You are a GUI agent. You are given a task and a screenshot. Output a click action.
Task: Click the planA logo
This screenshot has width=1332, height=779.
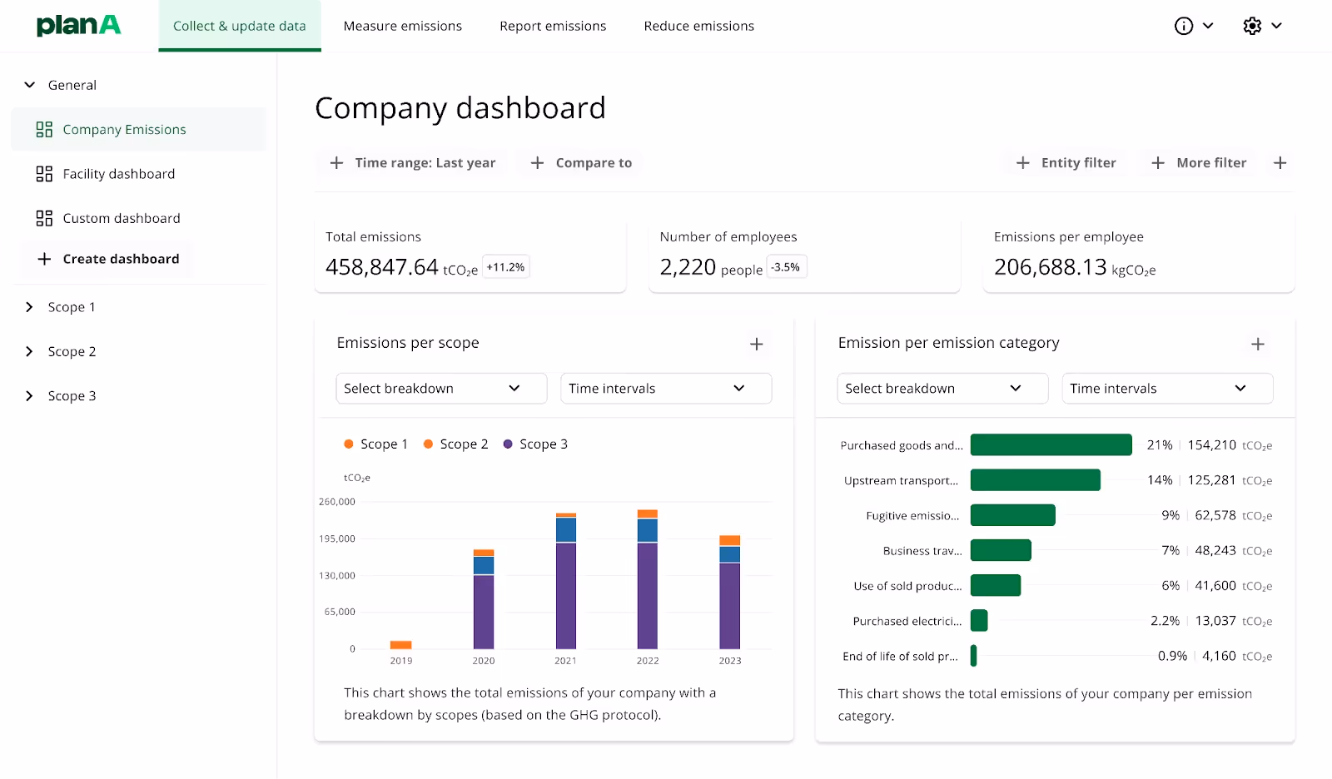click(x=78, y=25)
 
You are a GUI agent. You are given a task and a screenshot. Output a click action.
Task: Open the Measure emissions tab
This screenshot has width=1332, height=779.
click(x=402, y=26)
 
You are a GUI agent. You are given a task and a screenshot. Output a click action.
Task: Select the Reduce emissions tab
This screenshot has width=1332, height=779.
click(x=698, y=26)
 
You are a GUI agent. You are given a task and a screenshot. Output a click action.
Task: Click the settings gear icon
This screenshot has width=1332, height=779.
click(x=1252, y=26)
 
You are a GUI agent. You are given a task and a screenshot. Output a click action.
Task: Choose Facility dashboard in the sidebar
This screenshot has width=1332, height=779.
click(x=118, y=174)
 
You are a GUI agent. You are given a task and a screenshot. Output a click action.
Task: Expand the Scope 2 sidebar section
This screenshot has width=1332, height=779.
click(x=72, y=351)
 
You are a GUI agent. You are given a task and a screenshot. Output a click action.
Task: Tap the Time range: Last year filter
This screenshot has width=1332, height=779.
click(x=413, y=163)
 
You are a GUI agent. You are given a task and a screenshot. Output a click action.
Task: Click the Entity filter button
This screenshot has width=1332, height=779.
click(x=1066, y=163)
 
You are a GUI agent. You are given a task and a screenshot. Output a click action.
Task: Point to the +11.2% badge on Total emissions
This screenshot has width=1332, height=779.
click(x=505, y=267)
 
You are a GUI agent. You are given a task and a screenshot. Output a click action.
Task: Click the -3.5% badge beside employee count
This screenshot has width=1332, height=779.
click(x=785, y=267)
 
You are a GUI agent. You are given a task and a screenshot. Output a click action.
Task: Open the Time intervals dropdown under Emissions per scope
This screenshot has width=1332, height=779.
click(x=665, y=389)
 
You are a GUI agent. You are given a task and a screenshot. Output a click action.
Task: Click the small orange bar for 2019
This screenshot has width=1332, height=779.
click(x=401, y=645)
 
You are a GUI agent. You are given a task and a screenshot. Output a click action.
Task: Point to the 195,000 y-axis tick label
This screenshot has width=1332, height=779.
click(x=337, y=538)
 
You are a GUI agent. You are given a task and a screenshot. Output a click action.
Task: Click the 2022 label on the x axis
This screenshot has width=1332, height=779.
click(x=648, y=661)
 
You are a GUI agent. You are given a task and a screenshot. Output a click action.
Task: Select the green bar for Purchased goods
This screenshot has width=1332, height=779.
click(x=1051, y=445)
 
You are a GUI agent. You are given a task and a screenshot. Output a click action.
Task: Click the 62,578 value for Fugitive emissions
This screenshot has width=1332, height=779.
click(x=1215, y=516)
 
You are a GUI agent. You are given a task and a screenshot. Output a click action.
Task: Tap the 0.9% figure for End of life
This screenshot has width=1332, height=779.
click(x=1172, y=657)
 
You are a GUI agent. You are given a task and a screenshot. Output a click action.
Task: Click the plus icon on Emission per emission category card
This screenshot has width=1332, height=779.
click(x=1257, y=344)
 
